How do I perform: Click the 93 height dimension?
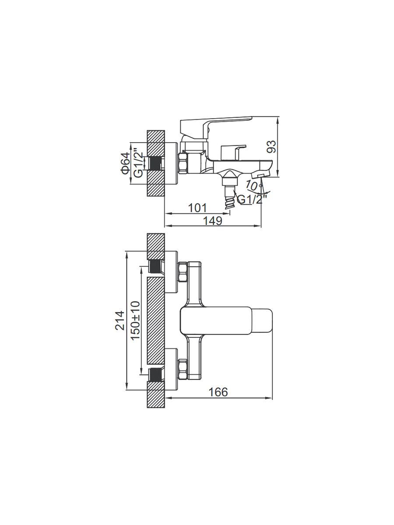click(272, 147)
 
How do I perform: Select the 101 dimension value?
click(197, 208)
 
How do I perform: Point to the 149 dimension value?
click(213, 221)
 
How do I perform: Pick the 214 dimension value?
click(120, 320)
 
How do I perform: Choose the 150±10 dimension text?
click(135, 321)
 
